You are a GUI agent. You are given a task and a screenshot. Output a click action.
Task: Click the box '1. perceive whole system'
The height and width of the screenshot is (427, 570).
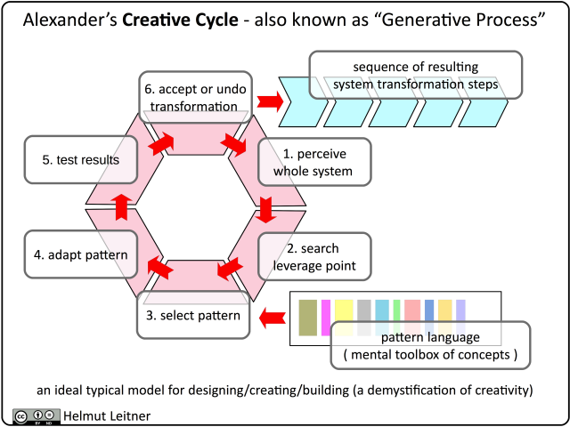tap(313, 161)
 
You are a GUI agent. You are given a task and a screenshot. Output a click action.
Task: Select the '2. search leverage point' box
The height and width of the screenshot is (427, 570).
tap(313, 255)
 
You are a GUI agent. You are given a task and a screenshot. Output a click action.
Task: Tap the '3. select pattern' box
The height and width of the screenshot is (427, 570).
tap(193, 315)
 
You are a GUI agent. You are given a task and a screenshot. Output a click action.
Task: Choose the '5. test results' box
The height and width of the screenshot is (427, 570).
tap(81, 161)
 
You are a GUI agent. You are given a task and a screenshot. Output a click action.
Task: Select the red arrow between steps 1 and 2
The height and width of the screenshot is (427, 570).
tap(265, 210)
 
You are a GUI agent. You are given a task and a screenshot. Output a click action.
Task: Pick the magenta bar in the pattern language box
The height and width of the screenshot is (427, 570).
tap(326, 318)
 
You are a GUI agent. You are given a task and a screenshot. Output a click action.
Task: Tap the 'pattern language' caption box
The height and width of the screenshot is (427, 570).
tap(430, 346)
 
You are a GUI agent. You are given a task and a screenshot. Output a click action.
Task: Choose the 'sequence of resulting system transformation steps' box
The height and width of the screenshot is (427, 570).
tap(415, 76)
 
